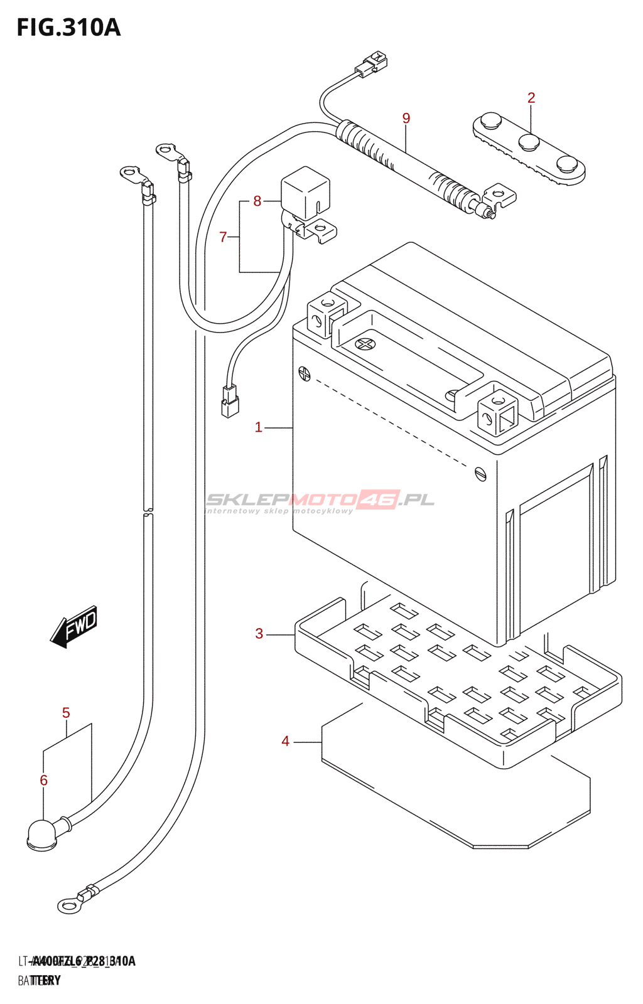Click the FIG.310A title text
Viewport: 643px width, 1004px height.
(x=68, y=28)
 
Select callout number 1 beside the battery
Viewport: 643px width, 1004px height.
(x=258, y=427)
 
